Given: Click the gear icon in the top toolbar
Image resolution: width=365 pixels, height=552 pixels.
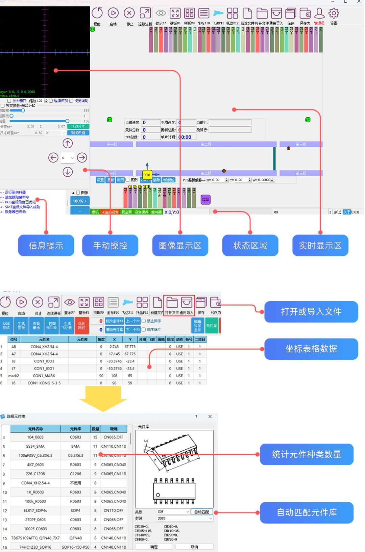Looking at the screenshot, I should [x=334, y=14].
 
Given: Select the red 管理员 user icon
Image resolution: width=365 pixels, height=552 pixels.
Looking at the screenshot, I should [x=319, y=14].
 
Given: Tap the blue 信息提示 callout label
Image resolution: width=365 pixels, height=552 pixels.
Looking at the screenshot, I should [x=46, y=246].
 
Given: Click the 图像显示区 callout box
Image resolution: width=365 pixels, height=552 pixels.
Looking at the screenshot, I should [x=180, y=246].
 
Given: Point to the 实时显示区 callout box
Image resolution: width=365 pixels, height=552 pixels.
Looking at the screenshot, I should [x=320, y=246].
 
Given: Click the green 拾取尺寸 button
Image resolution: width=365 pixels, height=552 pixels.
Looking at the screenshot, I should [x=78, y=126].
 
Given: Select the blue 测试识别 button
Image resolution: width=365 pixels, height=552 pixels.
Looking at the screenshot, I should [x=78, y=133].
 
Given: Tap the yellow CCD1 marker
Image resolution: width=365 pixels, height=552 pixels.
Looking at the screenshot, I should [x=147, y=175].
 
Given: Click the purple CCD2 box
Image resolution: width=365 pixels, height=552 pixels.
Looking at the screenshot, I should [x=205, y=200].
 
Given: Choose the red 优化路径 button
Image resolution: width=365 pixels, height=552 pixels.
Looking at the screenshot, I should [x=81, y=326].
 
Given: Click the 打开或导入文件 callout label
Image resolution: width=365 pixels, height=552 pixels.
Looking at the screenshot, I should [x=311, y=311].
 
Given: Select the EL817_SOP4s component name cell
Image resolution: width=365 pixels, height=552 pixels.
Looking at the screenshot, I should [x=35, y=510].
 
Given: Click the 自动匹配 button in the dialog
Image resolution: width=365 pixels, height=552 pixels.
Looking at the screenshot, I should [x=202, y=512].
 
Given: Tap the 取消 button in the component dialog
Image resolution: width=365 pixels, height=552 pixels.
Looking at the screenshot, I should [x=194, y=547].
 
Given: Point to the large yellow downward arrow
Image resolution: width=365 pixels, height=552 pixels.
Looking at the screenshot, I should [x=103, y=399].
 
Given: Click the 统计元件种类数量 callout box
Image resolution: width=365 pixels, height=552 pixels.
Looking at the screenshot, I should [x=307, y=454].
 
